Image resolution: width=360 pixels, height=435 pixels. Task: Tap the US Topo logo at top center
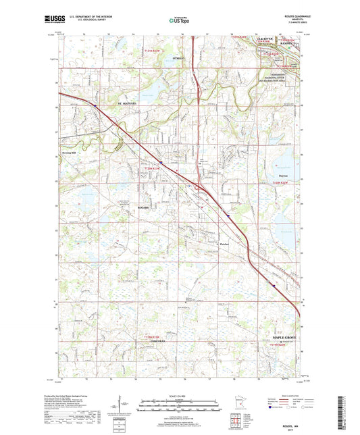[x=180, y=20]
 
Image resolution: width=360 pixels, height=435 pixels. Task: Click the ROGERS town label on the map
[x=143, y=207]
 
